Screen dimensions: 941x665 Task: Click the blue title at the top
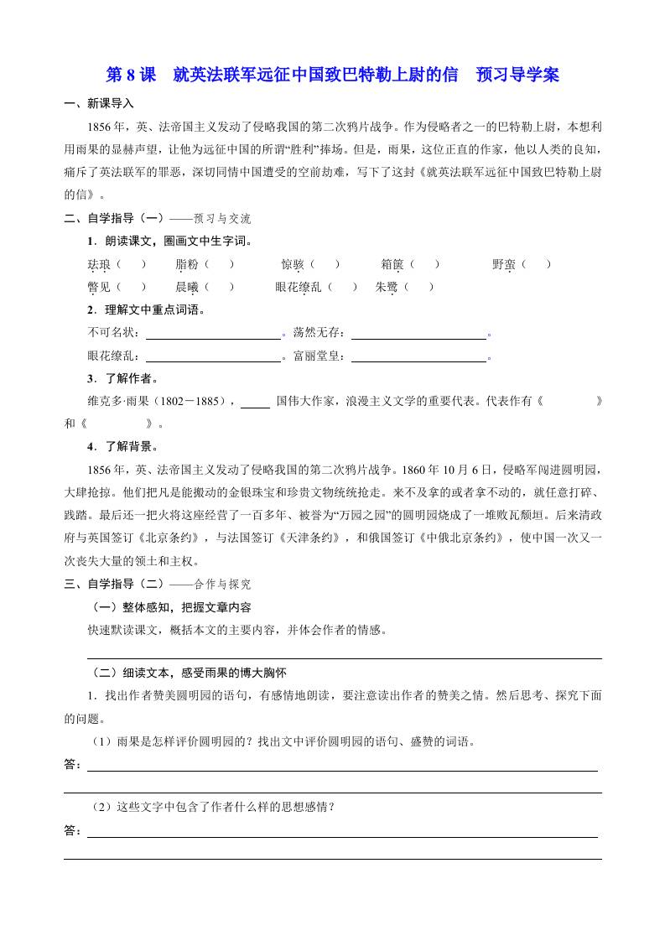point(332,75)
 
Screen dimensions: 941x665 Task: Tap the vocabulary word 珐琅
point(99,264)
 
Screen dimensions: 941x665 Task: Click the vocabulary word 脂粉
point(187,264)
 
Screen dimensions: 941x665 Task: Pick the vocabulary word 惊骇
point(293,264)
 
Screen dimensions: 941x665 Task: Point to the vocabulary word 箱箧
point(392,264)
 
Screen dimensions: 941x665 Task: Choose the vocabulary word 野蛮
point(504,264)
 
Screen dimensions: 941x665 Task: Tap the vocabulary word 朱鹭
point(387,287)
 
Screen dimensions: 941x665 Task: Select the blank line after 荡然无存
point(418,333)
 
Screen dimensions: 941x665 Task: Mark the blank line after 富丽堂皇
point(418,356)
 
